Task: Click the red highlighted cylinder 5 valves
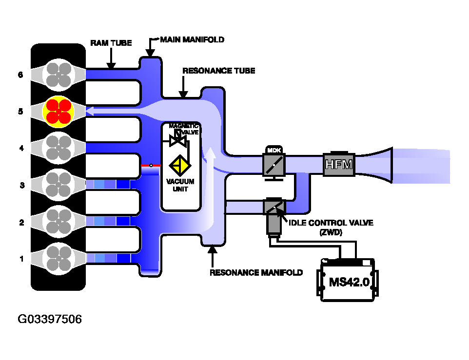[x=59, y=112]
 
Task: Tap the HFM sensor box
[x=339, y=164]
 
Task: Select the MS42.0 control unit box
[x=348, y=280]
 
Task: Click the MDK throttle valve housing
[x=274, y=163]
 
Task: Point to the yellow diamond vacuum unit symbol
[x=180, y=165]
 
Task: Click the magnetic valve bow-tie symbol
[x=178, y=140]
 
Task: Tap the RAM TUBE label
[x=111, y=43]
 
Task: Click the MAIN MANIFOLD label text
[x=192, y=40]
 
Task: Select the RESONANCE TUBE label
[x=218, y=71]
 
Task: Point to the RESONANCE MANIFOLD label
[x=256, y=272]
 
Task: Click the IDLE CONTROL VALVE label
[x=331, y=223]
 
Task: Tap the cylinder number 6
[x=20, y=75]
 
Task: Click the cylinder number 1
[x=21, y=259]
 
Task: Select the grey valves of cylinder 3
[x=59, y=185]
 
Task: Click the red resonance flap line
[x=151, y=165]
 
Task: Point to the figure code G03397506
[x=50, y=319]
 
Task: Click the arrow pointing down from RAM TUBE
[x=111, y=58]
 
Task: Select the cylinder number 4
[x=21, y=148]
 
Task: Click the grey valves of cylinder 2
[x=59, y=222]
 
